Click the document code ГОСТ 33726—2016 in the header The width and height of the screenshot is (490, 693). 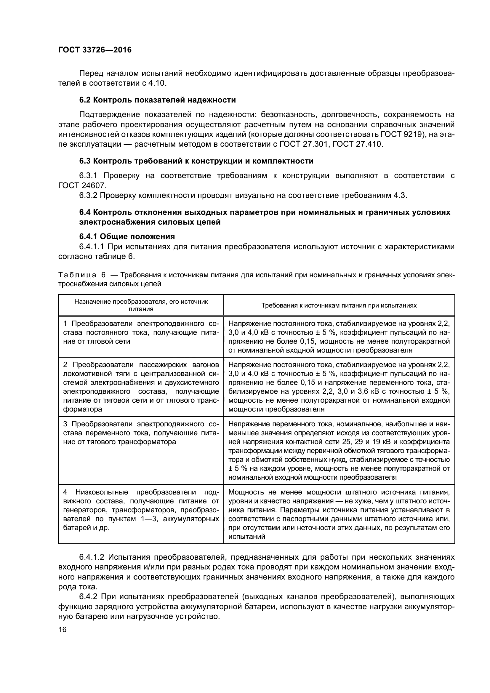pyautogui.click(x=95, y=50)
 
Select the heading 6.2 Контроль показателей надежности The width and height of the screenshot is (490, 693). pyautogui.click(x=158, y=100)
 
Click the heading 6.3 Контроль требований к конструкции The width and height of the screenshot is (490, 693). pyautogui.click(x=196, y=161)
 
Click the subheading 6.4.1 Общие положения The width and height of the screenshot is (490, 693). pyautogui.click(x=127, y=236)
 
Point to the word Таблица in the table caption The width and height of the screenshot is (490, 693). pyautogui.click(x=77, y=275)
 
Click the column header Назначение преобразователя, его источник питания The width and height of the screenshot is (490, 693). pyautogui.click(x=141, y=305)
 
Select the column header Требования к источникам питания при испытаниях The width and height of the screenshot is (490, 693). pyautogui.click(x=339, y=305)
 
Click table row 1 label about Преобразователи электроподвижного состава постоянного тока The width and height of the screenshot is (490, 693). pyautogui.click(x=141, y=333)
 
